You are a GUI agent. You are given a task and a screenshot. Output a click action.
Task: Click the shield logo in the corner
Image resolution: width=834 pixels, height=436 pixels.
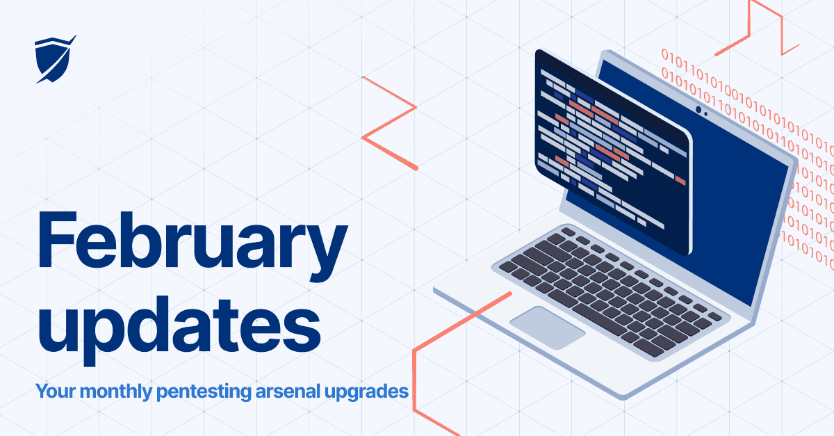54,60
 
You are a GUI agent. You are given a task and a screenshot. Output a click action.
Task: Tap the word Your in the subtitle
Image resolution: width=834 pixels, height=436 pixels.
56,391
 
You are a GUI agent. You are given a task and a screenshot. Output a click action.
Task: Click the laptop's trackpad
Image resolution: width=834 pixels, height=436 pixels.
548,326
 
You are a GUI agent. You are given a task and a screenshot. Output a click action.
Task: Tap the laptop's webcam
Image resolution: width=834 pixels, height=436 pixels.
698,110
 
